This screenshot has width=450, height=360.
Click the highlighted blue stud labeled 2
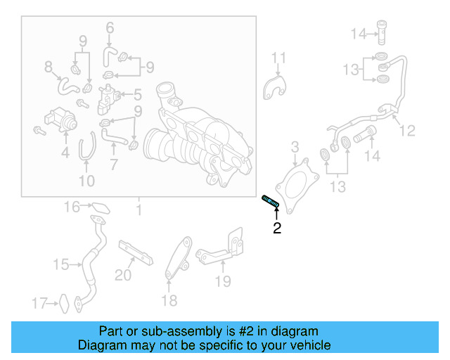click(x=270, y=202)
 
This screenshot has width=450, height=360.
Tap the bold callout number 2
click(x=277, y=228)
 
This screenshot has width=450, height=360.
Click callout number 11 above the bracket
click(x=279, y=57)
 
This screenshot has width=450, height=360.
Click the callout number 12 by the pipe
click(x=407, y=130)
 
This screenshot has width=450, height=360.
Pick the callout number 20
click(x=123, y=276)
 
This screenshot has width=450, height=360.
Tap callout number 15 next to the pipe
click(x=60, y=264)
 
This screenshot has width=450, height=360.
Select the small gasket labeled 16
click(x=101, y=207)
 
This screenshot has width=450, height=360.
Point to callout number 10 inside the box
click(x=86, y=181)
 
